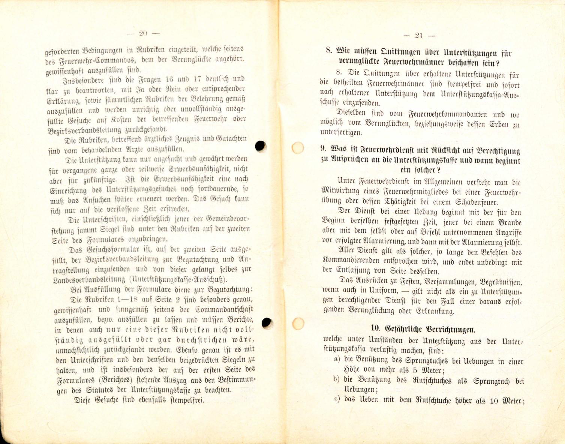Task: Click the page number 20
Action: pos(143,33)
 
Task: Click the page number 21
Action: pos(419,36)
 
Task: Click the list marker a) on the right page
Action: pos(336,359)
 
